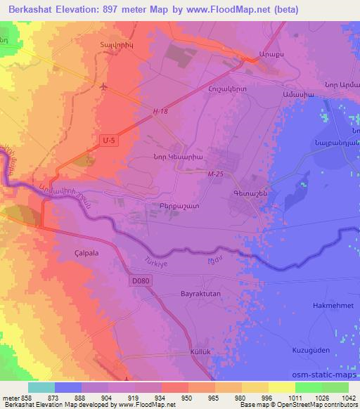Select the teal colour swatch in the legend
click(x=41, y=387)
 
